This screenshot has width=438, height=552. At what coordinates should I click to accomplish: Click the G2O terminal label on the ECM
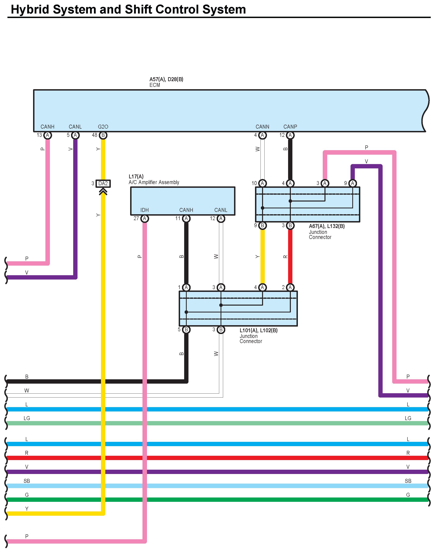pyautogui.click(x=103, y=127)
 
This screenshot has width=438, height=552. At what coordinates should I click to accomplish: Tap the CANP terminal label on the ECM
pyautogui.click(x=290, y=127)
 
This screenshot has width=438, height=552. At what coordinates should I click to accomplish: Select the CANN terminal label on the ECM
pyautogui.click(x=262, y=127)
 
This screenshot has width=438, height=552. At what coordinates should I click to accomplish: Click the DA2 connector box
pyautogui.click(x=103, y=183)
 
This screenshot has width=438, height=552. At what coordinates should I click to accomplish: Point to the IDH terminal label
pyautogui.click(x=144, y=210)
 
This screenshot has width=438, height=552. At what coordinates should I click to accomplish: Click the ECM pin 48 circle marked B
pyautogui.click(x=103, y=135)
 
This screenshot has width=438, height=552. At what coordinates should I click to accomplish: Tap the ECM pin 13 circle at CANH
pyautogui.click(x=48, y=135)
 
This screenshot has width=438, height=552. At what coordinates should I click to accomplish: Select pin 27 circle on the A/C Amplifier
pyautogui.click(x=145, y=218)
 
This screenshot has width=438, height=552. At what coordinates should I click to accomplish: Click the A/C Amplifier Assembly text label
pyautogui.click(x=154, y=182)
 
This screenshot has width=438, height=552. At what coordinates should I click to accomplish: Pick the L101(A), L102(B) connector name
pyautogui.click(x=259, y=330)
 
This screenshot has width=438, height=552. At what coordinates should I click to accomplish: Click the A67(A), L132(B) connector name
pyautogui.click(x=326, y=226)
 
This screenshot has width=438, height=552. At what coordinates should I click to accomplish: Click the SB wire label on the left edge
pyautogui.click(x=27, y=481)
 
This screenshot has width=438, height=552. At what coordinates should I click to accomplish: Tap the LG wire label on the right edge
pyautogui.click(x=408, y=418)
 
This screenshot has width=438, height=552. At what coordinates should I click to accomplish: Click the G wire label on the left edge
pyautogui.click(x=27, y=495)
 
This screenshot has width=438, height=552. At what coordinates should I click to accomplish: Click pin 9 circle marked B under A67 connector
pyautogui.click(x=262, y=226)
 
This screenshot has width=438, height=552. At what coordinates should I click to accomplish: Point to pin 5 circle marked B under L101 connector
pyautogui.click(x=186, y=330)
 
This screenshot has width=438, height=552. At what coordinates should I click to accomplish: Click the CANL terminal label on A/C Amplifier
pyautogui.click(x=221, y=210)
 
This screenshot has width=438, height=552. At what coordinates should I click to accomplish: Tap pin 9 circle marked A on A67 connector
pyautogui.click(x=352, y=183)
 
